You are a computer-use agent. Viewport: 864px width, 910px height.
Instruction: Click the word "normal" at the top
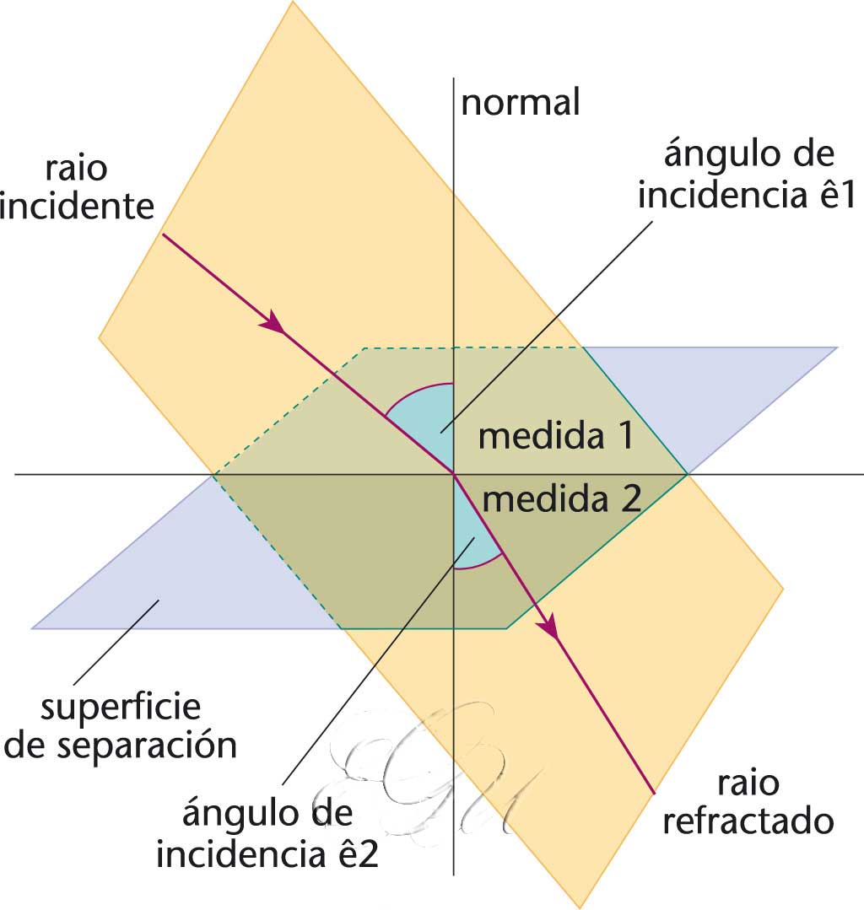coord(521,102)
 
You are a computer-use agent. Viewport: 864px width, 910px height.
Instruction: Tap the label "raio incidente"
coord(78,186)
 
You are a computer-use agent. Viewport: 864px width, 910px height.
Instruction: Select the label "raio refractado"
coord(748,802)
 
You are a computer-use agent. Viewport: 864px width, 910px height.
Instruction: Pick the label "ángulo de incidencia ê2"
coord(268,836)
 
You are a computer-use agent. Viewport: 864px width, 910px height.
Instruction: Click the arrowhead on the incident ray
coord(273,323)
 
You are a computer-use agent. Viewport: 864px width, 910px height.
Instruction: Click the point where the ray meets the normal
coord(455,475)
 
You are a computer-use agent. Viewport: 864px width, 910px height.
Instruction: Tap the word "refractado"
coord(748,821)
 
